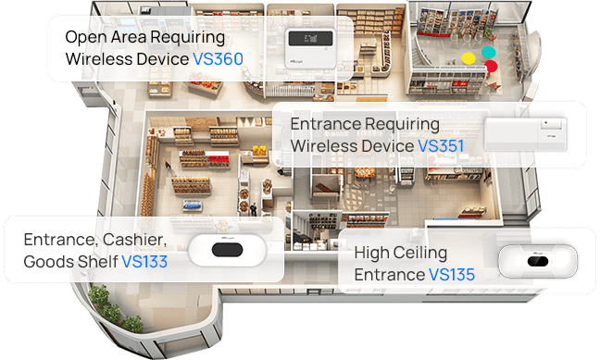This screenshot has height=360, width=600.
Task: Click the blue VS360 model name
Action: tap(219, 59)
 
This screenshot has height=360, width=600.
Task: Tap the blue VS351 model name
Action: tap(441, 146)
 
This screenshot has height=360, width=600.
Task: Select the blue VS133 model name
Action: tap(144, 262)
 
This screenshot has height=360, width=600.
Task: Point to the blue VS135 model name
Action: tap(452, 275)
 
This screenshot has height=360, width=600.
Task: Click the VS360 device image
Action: tap(310, 49)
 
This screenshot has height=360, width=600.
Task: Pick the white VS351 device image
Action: tap(526, 134)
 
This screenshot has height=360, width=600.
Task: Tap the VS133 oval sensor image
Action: tap(227, 250)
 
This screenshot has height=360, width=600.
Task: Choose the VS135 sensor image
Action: tap(538, 261)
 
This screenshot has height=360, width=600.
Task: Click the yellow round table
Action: tap(469, 58)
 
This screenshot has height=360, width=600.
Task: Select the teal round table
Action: tap(488, 52)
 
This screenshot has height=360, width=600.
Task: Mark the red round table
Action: tap(491, 66)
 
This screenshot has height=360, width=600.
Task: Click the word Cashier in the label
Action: tap(134, 241)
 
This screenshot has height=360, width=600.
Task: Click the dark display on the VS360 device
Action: tap(310, 39)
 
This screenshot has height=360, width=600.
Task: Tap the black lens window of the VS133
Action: tap(227, 250)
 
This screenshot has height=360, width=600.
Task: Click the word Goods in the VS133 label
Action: tap(48, 262)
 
